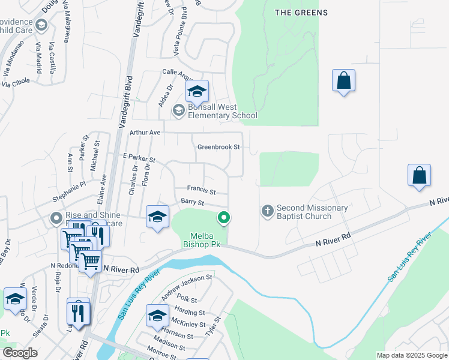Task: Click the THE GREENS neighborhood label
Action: point(301,13)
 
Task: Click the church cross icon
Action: point(268,211)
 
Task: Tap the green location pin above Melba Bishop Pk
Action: point(224,218)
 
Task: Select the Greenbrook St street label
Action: point(218,147)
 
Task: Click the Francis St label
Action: point(201,190)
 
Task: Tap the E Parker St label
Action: point(139,158)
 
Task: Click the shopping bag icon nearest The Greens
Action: point(343,81)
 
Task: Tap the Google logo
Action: point(19,352)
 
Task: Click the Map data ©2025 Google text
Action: point(411,355)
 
